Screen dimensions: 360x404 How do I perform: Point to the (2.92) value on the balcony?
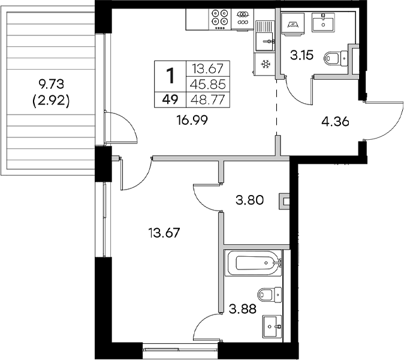point(52,101)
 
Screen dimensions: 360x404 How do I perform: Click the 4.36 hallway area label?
point(335,122)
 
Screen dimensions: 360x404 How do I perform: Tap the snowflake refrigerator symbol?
point(264,63)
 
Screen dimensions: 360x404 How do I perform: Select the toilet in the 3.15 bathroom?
point(334,58)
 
